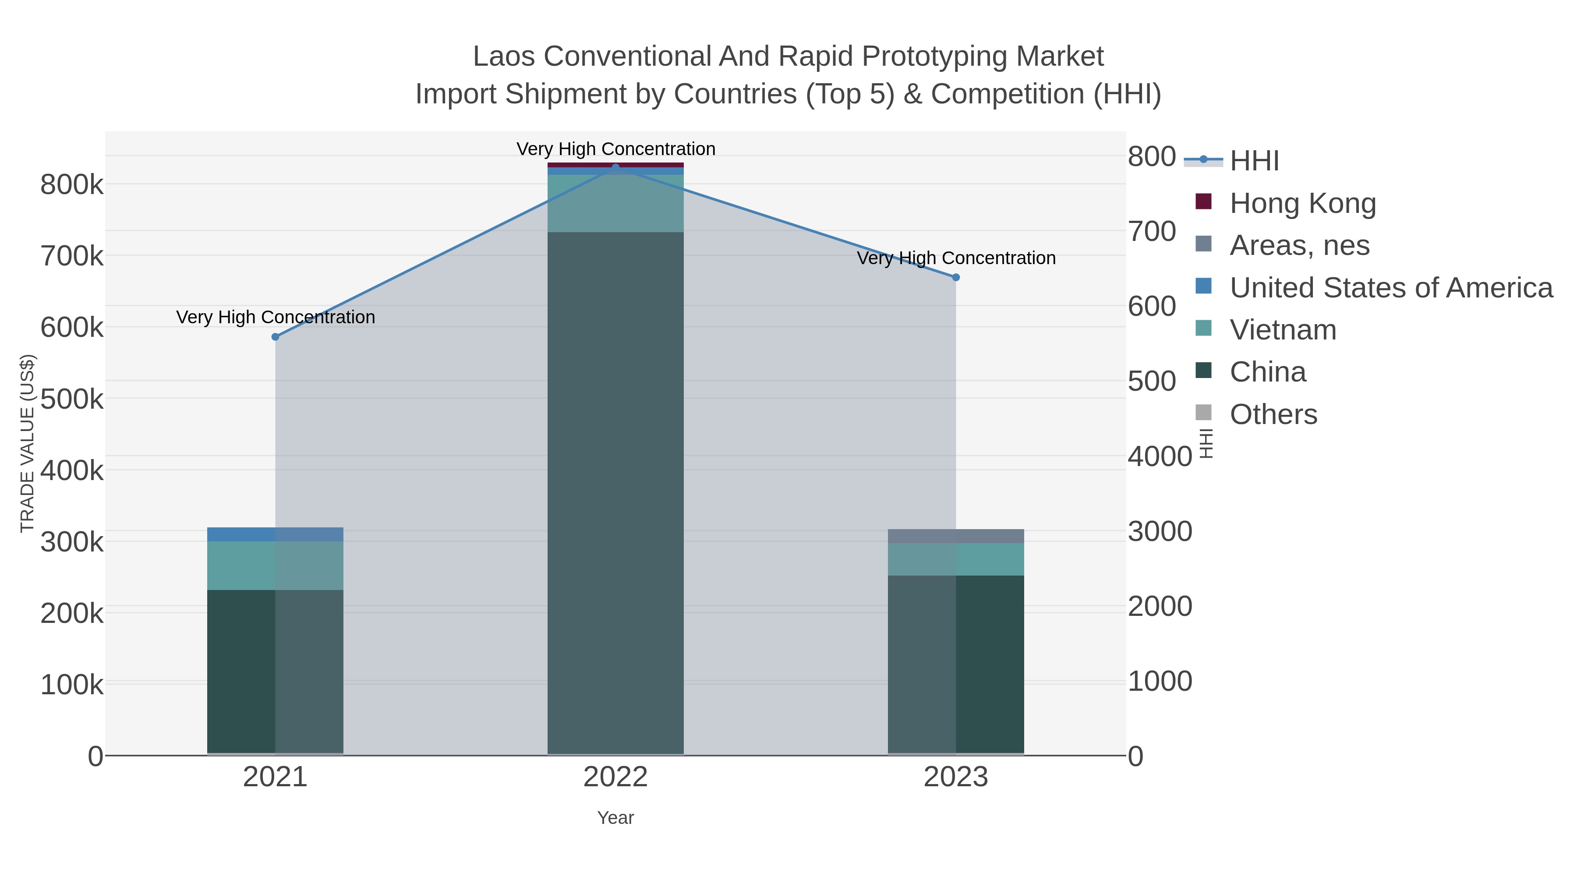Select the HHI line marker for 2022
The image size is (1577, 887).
point(615,167)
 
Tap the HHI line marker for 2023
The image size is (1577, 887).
point(956,277)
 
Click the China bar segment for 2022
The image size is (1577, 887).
point(615,490)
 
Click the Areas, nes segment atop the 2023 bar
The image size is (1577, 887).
point(956,536)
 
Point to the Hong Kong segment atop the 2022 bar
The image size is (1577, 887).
point(615,165)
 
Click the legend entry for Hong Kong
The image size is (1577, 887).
point(1302,203)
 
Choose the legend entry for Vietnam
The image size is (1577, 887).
point(1283,330)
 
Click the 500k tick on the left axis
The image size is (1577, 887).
point(72,399)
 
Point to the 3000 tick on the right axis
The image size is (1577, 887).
point(1160,531)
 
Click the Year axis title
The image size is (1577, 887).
point(615,818)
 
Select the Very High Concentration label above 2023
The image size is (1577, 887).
point(956,258)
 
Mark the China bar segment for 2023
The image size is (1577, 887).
point(956,664)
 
